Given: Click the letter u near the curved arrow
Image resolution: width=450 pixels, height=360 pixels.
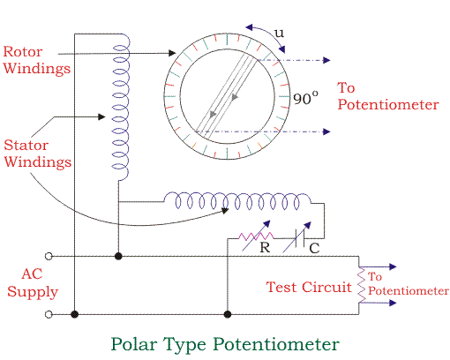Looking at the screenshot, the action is pyautogui.click(x=280, y=33).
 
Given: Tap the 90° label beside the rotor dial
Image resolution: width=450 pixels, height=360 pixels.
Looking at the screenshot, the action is pyautogui.click(x=305, y=98).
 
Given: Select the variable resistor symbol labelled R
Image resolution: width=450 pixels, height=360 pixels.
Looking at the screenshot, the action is pyautogui.click(x=256, y=236).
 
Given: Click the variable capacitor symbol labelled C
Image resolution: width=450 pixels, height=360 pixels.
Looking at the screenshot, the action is pyautogui.click(x=297, y=237).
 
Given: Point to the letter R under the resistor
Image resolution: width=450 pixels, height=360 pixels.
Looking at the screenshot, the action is pyautogui.click(x=265, y=247).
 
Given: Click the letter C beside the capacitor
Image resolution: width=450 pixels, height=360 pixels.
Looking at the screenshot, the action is pyautogui.click(x=314, y=249).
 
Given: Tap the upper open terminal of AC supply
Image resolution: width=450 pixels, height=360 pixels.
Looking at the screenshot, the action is pyautogui.click(x=49, y=257).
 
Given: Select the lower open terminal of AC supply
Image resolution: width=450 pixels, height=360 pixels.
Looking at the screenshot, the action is pyautogui.click(x=49, y=314).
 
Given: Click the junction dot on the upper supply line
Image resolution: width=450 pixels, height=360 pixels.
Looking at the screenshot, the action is pyautogui.click(x=118, y=256).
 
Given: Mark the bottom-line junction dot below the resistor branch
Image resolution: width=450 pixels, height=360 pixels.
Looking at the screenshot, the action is pyautogui.click(x=228, y=314).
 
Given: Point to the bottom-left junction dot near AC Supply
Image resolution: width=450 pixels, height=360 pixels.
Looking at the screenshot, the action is pyautogui.click(x=75, y=314).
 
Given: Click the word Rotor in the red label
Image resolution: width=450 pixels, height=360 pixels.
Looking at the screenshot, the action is pyautogui.click(x=23, y=52).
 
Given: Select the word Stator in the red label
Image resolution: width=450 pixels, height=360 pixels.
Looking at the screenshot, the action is pyautogui.click(x=26, y=146).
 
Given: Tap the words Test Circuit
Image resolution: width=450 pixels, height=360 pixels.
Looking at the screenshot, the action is pyautogui.click(x=309, y=287).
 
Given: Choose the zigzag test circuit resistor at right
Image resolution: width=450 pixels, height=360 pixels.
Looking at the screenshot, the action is pyautogui.click(x=362, y=285).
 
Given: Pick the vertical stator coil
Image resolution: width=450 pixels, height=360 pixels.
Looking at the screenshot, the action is pyautogui.click(x=121, y=107).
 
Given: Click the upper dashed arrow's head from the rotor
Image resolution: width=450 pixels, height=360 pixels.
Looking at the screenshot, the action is pyautogui.click(x=326, y=60).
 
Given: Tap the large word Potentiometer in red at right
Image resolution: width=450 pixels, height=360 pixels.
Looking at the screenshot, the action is pyautogui.click(x=388, y=105).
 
